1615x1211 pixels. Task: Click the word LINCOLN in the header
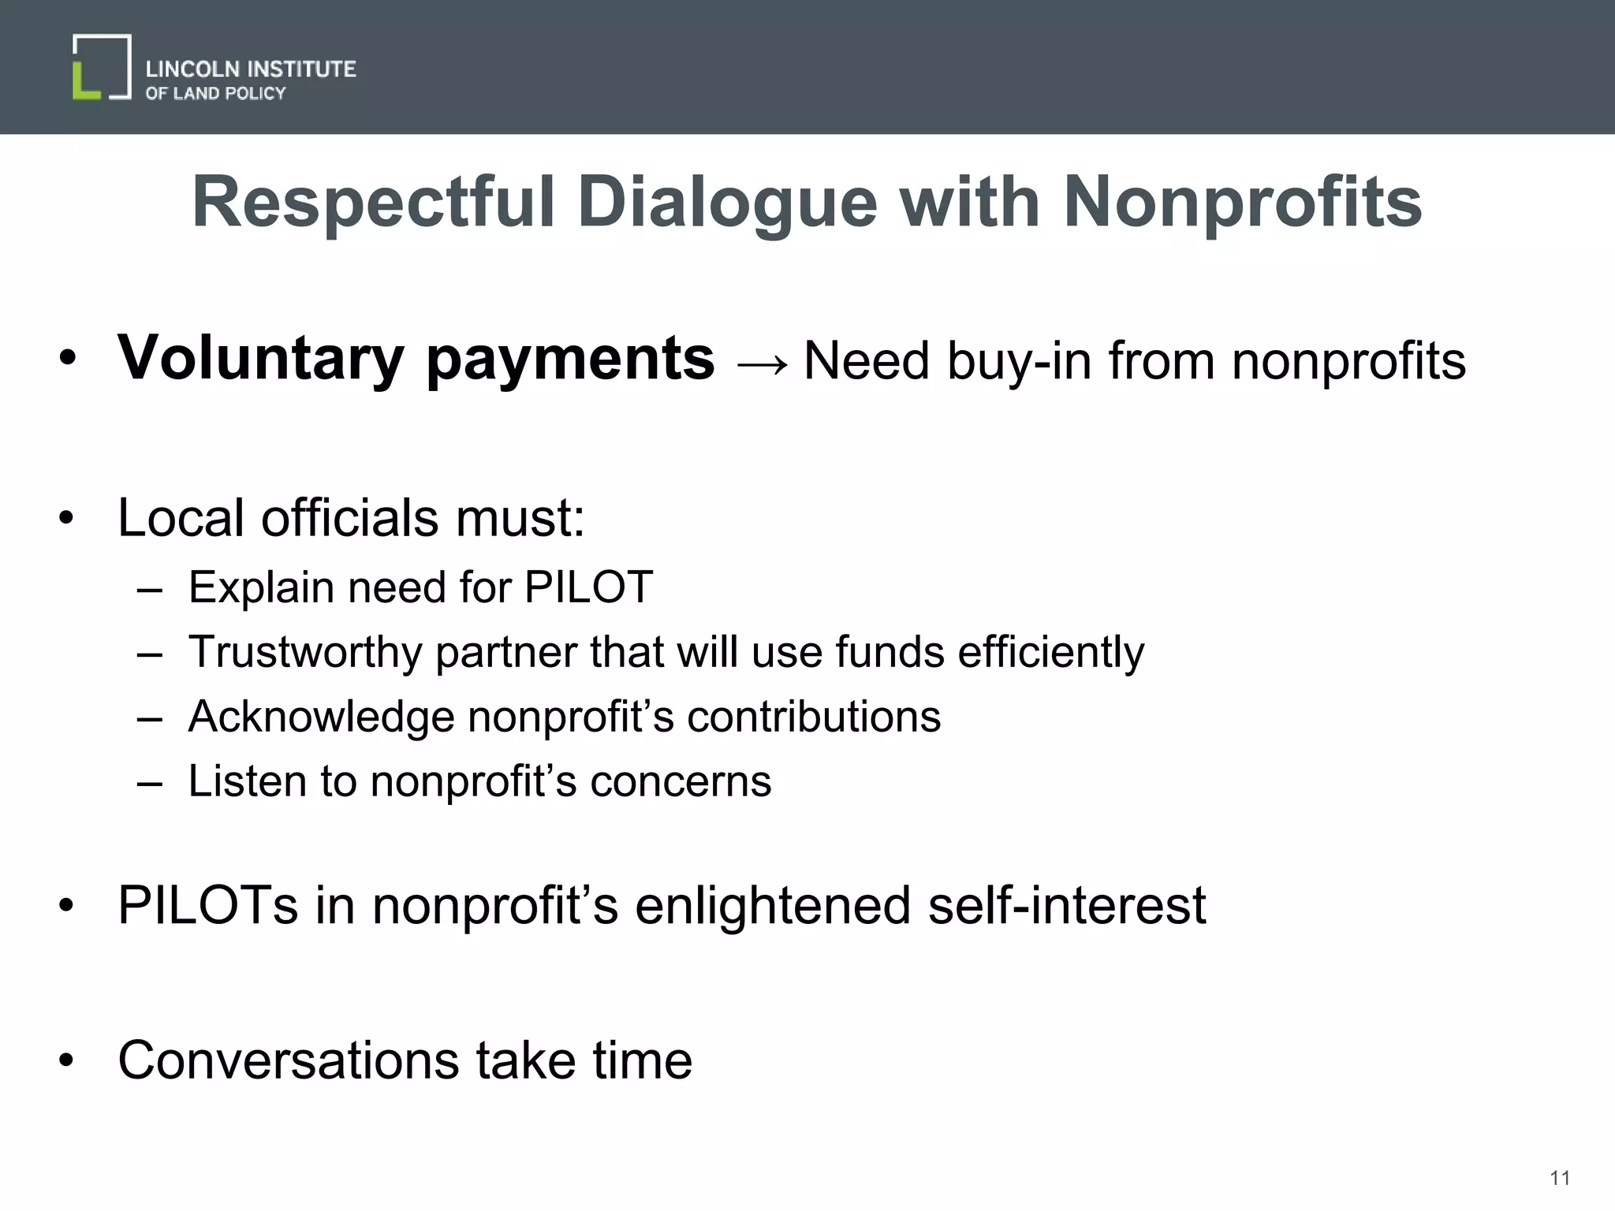[x=192, y=69]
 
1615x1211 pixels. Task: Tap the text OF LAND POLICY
[x=215, y=94]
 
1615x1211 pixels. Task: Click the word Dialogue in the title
[x=727, y=203]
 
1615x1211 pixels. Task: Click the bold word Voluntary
[x=261, y=359]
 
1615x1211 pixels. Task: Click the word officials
[x=349, y=518]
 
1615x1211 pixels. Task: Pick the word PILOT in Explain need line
[x=588, y=587]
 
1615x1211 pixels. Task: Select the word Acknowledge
[x=321, y=717]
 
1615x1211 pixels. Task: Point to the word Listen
[x=247, y=781]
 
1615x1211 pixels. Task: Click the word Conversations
[x=289, y=1060]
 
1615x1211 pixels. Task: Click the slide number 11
[x=1560, y=1178]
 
